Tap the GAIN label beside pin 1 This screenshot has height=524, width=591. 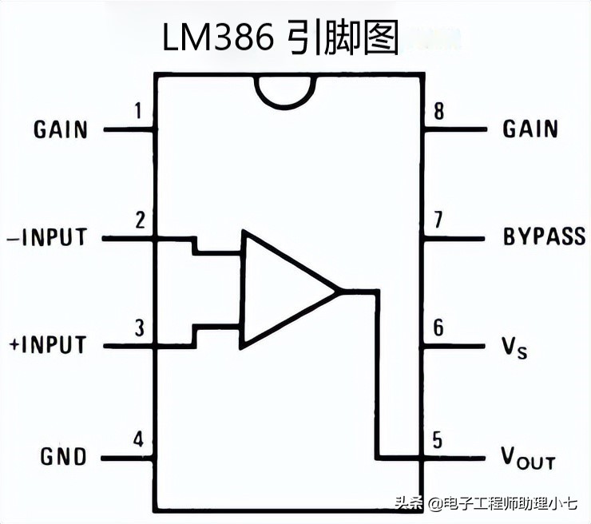[61, 129]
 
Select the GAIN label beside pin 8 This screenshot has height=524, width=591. [530, 129]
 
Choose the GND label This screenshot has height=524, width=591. [63, 456]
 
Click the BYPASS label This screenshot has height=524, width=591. [544, 236]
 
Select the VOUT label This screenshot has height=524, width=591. [527, 457]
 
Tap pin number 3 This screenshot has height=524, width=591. [139, 327]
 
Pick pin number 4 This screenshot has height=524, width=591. [139, 439]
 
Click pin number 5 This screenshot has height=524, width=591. [437, 439]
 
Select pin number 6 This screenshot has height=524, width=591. [438, 328]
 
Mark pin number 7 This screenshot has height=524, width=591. [438, 220]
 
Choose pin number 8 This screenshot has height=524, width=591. [438, 111]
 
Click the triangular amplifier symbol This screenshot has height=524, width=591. [284, 289]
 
